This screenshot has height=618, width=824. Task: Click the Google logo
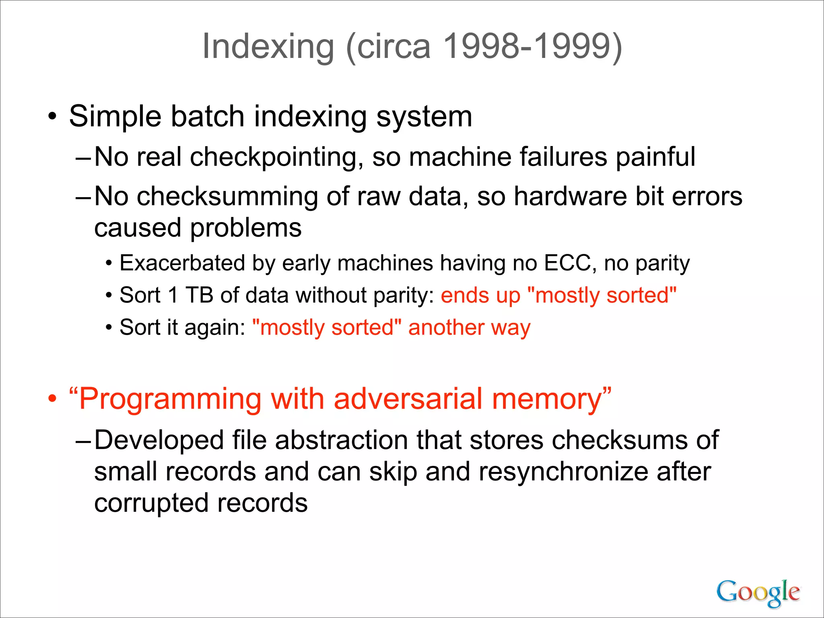(x=758, y=593)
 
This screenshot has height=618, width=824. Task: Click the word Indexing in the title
(x=268, y=47)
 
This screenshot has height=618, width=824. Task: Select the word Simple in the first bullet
(x=115, y=117)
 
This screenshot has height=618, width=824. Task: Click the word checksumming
(x=227, y=197)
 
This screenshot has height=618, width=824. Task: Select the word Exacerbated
(x=182, y=264)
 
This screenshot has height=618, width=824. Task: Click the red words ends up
(x=480, y=295)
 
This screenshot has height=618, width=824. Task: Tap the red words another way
(x=469, y=328)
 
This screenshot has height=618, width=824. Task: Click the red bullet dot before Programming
(x=52, y=399)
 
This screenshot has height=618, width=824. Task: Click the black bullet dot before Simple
(x=52, y=117)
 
